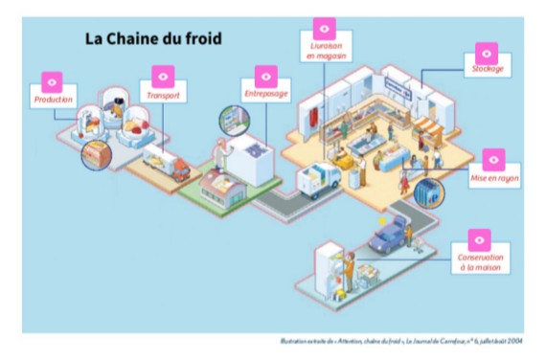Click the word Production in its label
(54, 100)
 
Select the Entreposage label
(265, 94)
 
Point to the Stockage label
(488, 70)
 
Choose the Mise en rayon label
(495, 178)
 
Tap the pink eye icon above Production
(53, 81)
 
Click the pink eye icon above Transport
(163, 77)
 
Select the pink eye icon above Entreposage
(265, 76)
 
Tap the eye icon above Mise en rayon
(495, 158)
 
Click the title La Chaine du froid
(154, 39)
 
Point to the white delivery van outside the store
(320, 178)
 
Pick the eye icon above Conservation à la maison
(479, 238)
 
